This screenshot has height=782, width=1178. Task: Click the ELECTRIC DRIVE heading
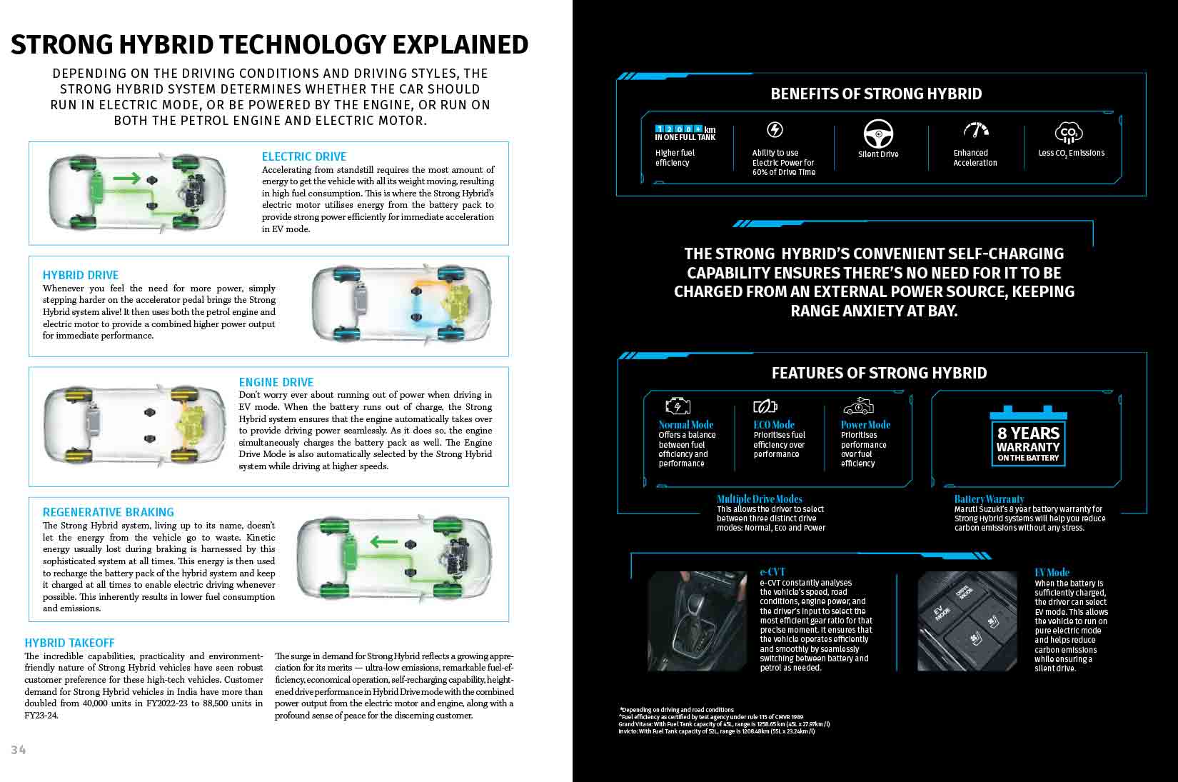pos(303,156)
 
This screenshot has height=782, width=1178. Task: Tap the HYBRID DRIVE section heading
pos(81,275)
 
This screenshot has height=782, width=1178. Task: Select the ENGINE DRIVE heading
pos(276,382)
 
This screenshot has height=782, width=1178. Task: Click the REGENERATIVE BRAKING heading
pos(108,512)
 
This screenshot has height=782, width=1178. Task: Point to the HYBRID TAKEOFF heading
pos(69,643)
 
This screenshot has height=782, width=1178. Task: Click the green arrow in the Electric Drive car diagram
pos(126,178)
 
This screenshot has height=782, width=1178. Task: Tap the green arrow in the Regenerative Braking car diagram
pos(383,541)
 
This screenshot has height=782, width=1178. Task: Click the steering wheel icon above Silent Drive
pos(878,134)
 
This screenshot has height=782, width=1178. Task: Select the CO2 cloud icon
pos(1069,132)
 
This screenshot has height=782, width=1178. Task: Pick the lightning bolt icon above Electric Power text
pos(775,129)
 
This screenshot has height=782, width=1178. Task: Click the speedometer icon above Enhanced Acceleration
pos(975,131)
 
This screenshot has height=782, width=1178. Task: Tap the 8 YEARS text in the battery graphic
pos(1028,433)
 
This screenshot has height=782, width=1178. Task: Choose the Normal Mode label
pos(685,424)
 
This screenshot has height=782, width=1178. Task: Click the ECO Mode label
pos(773,424)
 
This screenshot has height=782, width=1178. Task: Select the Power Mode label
pos(865,424)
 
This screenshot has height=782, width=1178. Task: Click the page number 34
pos(19,749)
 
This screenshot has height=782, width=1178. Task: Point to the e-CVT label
pos(772,572)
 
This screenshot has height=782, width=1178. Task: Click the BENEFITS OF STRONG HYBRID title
pos(876,94)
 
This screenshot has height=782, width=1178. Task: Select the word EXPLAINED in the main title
pos(460,44)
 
